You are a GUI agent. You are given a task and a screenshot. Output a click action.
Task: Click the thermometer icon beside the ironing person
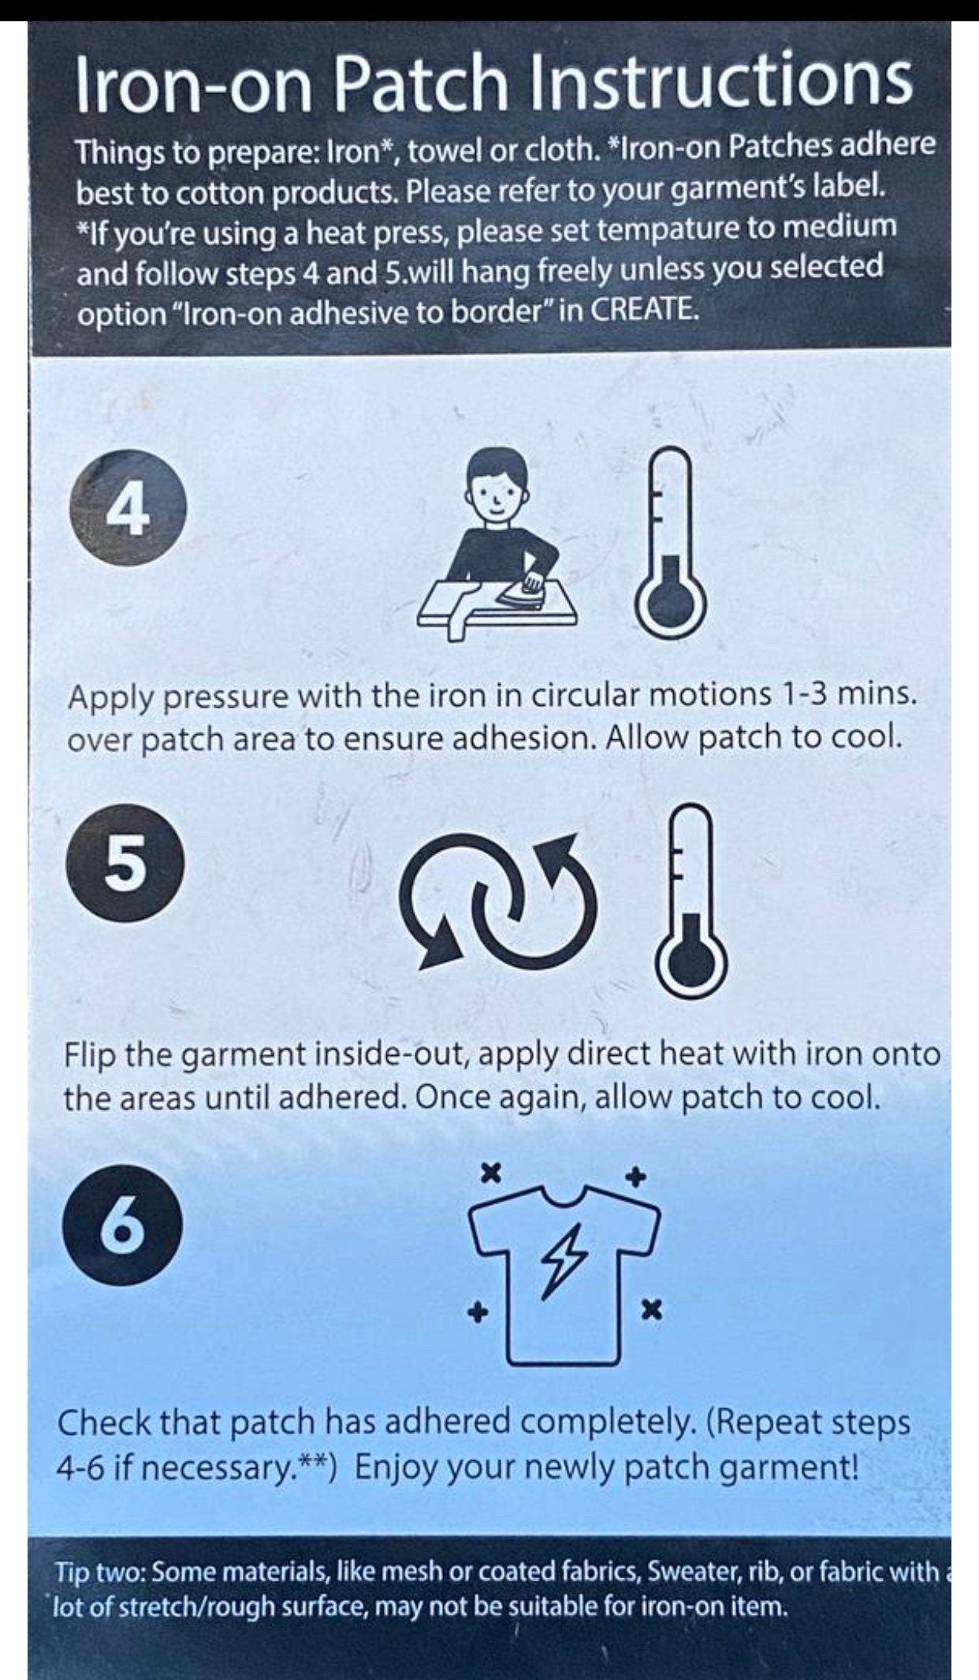click(671, 544)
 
